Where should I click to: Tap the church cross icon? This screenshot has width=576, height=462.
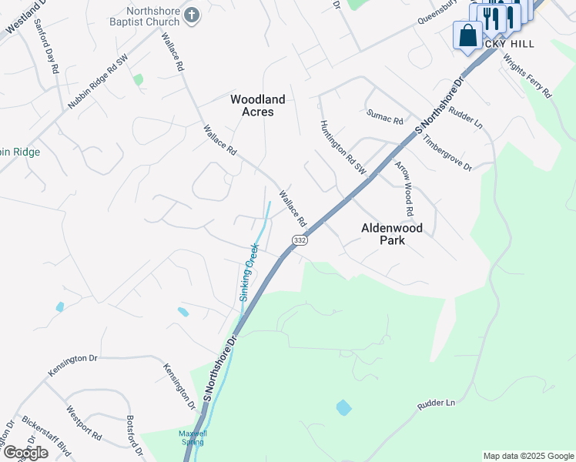(193, 15)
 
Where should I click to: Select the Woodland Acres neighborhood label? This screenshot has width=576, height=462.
(258, 105)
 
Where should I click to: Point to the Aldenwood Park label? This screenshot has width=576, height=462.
(393, 234)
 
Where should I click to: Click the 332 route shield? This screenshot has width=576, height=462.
(300, 240)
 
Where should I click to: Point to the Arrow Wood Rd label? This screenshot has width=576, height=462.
(405, 188)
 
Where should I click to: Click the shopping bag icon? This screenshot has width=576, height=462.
(467, 35)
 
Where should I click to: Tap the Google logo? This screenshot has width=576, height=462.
(25, 452)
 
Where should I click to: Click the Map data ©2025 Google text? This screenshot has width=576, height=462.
(528, 456)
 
